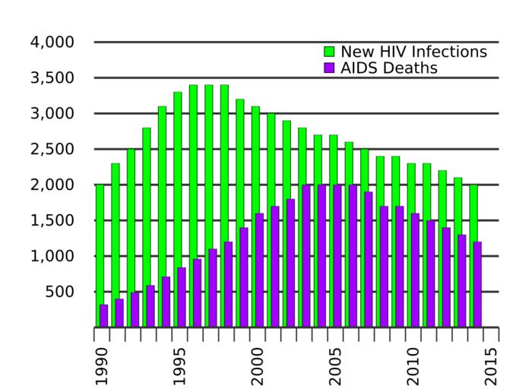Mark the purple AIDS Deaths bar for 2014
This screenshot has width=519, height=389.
(478, 284)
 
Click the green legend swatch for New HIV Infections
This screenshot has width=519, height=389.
(330, 52)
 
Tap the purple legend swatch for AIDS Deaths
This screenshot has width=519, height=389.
(330, 68)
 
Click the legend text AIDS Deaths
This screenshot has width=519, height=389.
(388, 68)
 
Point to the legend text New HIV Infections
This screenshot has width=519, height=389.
(413, 52)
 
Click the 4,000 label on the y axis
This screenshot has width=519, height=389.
(52, 43)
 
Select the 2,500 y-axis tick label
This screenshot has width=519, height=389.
(52, 150)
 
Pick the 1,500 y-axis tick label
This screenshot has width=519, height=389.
(52, 221)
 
